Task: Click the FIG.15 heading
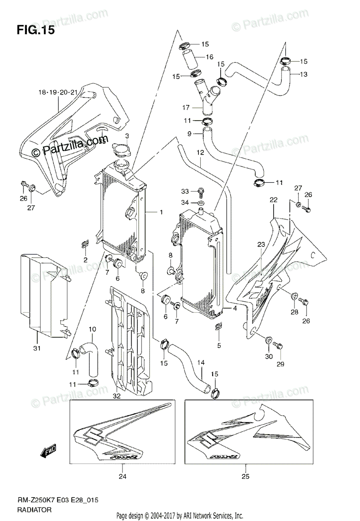[36, 31]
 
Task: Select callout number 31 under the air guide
[37, 348]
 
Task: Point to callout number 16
[210, 57]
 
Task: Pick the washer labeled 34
[200, 203]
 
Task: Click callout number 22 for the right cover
[273, 200]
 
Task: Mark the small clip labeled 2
[85, 245]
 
